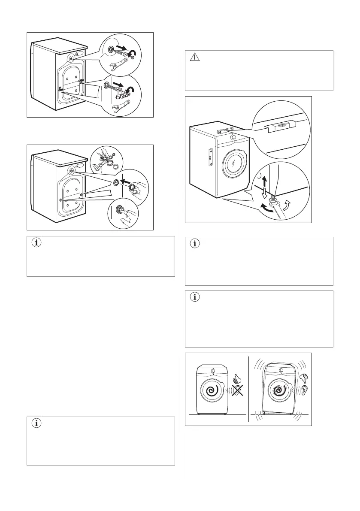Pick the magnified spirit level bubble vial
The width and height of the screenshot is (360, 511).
(x=278, y=125)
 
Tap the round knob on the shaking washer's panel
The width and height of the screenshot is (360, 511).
(x=281, y=370)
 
